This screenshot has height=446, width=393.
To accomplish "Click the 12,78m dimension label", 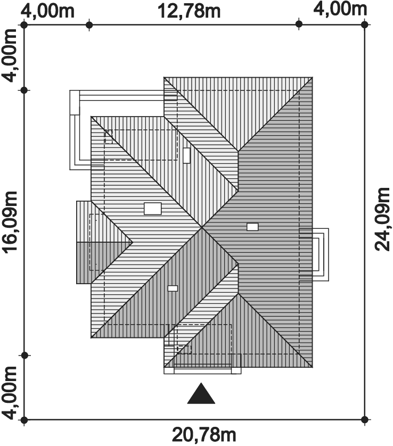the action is tap(189, 11).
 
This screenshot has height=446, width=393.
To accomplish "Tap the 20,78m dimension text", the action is tap(204, 435).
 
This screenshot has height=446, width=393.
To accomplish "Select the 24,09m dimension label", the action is tap(382, 219).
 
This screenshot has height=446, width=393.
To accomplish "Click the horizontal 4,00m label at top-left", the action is tap(48, 11).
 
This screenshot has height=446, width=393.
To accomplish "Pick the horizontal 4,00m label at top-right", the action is tap(340, 9).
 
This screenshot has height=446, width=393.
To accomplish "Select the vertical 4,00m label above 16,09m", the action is tap(10, 55).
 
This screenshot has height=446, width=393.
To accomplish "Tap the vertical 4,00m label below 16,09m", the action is tap(10, 393).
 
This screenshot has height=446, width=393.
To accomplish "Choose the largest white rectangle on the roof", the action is tap(153, 209).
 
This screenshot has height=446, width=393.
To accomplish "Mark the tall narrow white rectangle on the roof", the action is tap(186, 155).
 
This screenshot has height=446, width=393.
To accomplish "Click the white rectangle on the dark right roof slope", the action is tap(252, 227).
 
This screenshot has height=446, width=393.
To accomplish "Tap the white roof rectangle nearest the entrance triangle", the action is tap(173, 288).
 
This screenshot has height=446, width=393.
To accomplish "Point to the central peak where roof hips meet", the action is tap(202, 227).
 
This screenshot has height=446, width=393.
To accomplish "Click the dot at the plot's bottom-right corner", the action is tap(365, 419).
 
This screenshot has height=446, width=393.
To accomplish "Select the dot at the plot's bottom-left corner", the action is tap(24, 419).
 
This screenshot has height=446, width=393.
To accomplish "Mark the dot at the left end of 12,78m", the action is tap(89, 24).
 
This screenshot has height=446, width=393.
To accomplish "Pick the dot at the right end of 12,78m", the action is tap(299, 24).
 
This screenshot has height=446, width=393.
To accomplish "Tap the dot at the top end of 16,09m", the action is tap(24, 90).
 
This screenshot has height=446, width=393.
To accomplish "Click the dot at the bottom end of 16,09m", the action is tap(24, 356).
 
